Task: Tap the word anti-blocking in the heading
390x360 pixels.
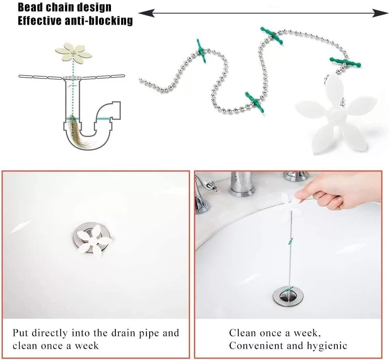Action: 99,20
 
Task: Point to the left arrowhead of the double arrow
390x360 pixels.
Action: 146,13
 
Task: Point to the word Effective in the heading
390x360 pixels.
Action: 40,20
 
